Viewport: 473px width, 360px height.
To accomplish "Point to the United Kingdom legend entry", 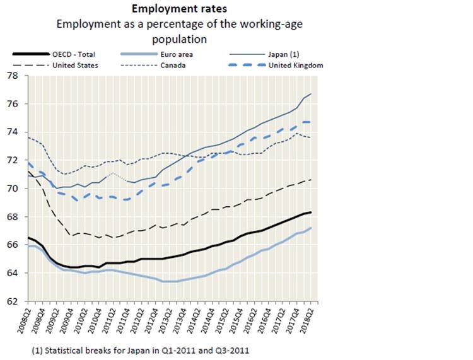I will coord(296,65).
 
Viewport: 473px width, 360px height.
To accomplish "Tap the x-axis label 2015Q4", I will coord(240,318).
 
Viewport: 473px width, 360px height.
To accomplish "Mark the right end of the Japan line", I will coord(312,94).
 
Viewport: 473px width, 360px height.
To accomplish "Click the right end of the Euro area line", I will coord(312,228).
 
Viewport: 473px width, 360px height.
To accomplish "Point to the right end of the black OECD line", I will coord(312,212).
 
